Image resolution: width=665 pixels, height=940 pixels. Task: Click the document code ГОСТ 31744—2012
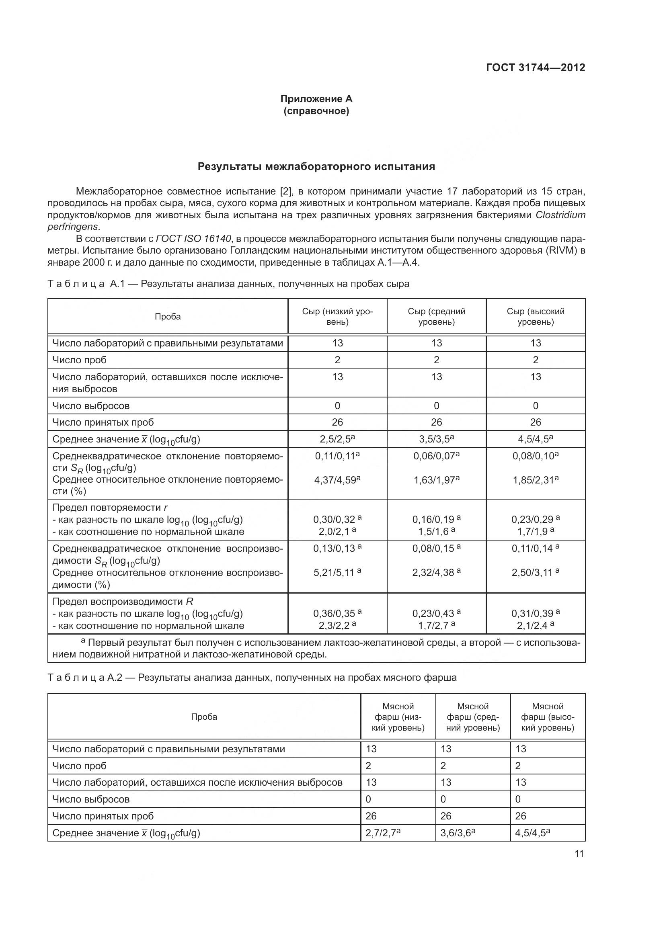pos(535,68)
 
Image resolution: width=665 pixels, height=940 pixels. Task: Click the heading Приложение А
pos(316,99)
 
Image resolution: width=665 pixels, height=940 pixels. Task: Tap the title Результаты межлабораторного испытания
pos(316,167)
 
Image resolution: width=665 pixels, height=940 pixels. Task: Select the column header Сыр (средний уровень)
pos(437,316)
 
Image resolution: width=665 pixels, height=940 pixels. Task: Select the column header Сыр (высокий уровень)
pos(536,316)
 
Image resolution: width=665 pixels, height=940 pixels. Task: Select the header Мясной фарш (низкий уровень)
pos(398,717)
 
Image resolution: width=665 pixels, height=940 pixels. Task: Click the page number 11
pos(579,854)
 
